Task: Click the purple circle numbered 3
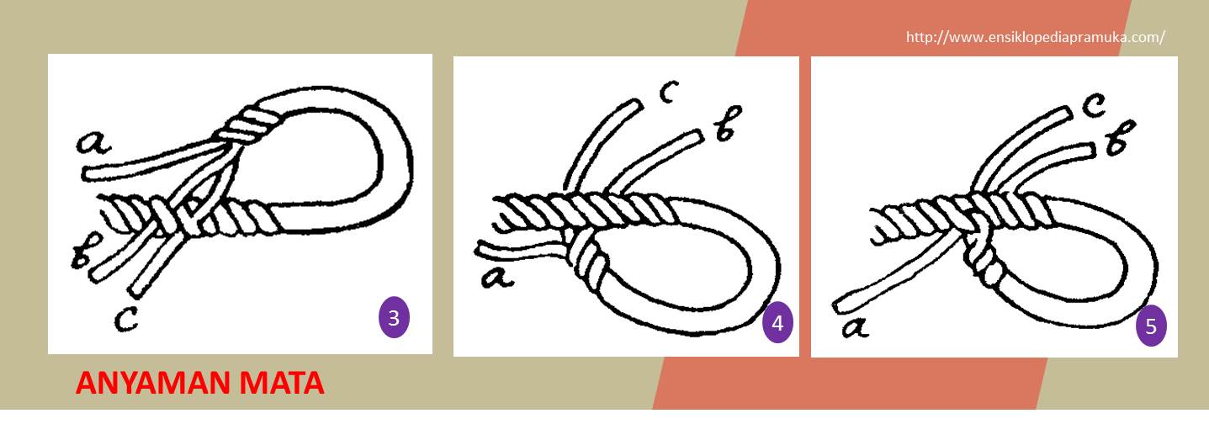[394, 317]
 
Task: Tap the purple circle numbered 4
[777, 322]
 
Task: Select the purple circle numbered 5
[1151, 326]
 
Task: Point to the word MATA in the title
[281, 384]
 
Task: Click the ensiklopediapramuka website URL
[1035, 37]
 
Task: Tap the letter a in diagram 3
[93, 142]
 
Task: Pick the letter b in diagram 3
[86, 251]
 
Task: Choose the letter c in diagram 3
[125, 321]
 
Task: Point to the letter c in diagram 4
[668, 91]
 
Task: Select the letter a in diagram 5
[856, 327]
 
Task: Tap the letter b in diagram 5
[1120, 138]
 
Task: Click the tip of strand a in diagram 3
[87, 173]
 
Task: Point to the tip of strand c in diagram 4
[638, 104]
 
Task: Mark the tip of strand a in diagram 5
[839, 307]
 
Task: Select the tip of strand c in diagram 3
[136, 293]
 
